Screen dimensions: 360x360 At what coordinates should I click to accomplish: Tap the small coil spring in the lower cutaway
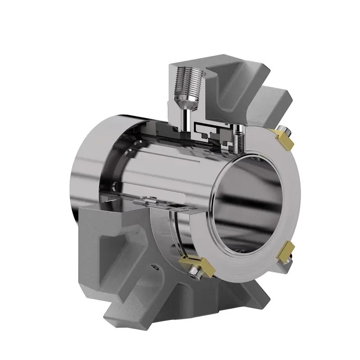tap(140, 204)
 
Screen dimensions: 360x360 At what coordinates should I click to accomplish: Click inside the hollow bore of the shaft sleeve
tap(252, 198)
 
